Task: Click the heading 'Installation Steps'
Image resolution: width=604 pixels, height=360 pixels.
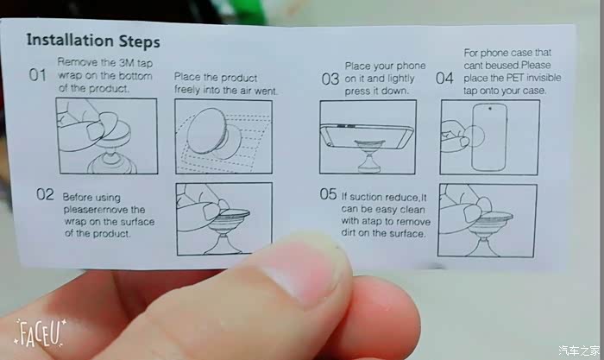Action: tap(93, 41)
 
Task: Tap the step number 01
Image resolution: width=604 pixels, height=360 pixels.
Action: tap(38, 75)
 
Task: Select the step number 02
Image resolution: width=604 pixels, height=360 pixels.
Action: tap(45, 194)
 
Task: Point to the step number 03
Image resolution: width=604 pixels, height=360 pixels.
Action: tap(330, 79)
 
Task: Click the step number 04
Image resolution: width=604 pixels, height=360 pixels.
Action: tap(444, 79)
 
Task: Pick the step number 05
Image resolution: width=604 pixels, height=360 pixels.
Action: tap(328, 194)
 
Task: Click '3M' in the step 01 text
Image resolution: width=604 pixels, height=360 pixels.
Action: tap(126, 63)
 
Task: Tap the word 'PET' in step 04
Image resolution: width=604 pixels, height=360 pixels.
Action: tap(514, 78)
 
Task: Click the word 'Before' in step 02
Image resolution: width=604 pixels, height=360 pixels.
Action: tap(77, 198)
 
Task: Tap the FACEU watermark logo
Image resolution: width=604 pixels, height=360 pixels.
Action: tap(40, 333)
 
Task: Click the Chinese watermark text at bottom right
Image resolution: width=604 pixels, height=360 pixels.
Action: tap(579, 351)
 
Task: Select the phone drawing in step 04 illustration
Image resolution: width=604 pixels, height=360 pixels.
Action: tap(489, 136)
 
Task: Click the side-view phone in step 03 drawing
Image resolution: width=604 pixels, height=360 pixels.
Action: tap(368, 136)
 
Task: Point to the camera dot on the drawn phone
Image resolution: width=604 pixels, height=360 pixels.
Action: tap(490, 109)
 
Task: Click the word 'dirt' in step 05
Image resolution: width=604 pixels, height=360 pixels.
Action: tap(349, 233)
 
